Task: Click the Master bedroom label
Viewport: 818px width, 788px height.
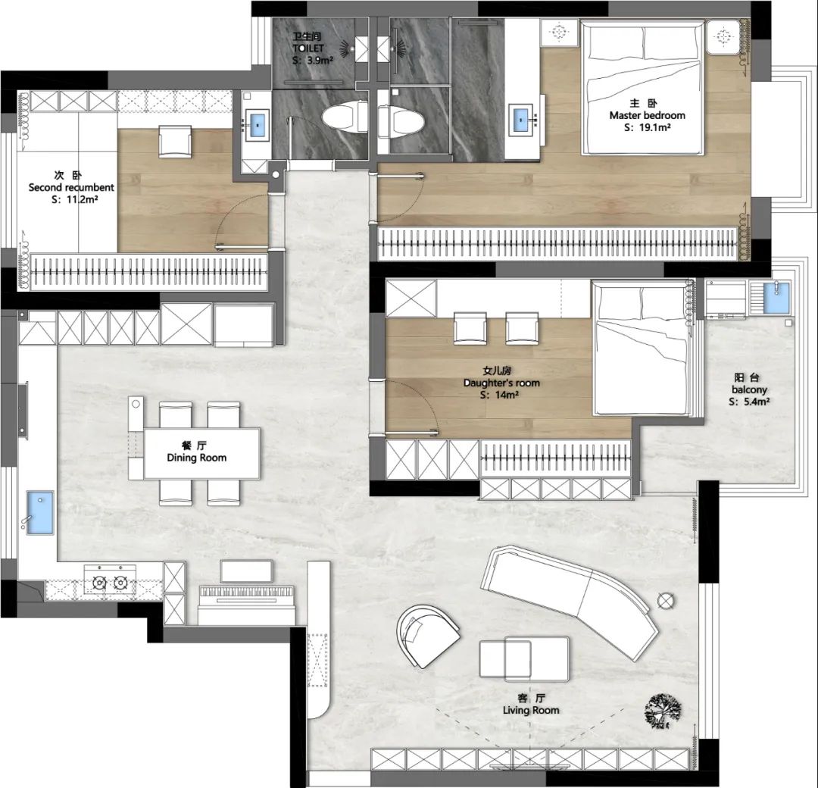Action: (647, 115)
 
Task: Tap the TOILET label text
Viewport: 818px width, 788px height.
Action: (308, 48)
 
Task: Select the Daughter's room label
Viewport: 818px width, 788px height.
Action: (501, 383)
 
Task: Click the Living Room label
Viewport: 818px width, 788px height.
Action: (530, 710)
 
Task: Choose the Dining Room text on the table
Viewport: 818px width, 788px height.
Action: (197, 458)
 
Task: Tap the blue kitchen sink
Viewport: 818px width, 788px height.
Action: (40, 512)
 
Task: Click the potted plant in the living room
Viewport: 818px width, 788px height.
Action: (663, 710)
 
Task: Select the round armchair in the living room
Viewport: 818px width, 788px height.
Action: (426, 635)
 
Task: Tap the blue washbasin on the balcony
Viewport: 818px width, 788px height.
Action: (777, 298)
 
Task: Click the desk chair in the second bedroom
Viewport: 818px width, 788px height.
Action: (175, 141)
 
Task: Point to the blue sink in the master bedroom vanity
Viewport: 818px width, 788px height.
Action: (521, 120)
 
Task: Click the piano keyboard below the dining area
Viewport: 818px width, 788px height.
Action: (247, 593)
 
